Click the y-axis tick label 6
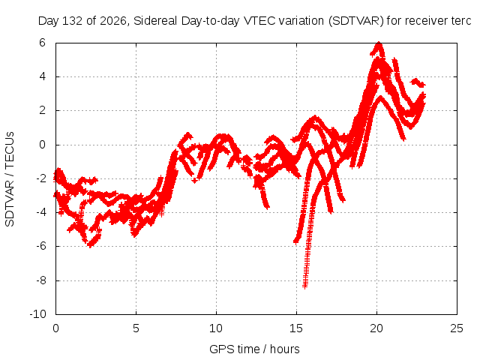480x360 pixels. click(42, 43)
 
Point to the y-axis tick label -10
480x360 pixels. click(38, 314)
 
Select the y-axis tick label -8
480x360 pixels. click(40, 280)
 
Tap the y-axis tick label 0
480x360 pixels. click(42, 145)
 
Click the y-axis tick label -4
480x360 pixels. click(40, 212)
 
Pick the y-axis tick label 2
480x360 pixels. click(42, 110)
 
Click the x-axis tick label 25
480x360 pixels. click(457, 328)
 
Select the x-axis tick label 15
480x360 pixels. click(296, 328)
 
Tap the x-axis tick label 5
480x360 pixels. click(136, 328)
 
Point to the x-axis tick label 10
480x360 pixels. click(216, 328)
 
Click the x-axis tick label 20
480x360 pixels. click(376, 328)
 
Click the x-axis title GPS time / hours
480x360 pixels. click(254, 349)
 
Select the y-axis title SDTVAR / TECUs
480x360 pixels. click(10, 179)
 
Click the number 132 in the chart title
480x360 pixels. click(73, 21)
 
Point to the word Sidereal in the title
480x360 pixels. click(155, 21)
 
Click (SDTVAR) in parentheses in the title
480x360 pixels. click(356, 21)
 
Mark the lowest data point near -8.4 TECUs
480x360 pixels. click(305, 286)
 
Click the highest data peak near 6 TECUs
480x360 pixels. click(379, 43)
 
